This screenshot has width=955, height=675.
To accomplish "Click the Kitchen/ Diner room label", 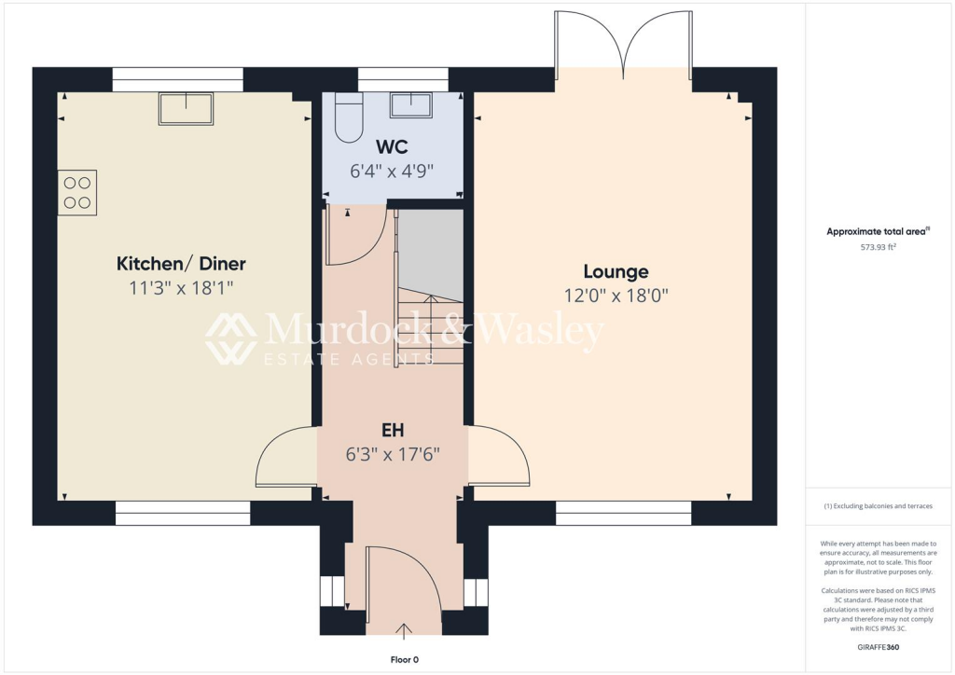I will (x=181, y=264).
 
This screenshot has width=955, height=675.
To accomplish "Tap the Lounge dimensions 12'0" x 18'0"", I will (x=616, y=296).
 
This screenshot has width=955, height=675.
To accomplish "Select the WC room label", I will (x=392, y=146).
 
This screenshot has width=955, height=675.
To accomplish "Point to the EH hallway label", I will (x=392, y=431).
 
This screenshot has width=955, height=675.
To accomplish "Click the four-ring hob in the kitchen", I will (x=77, y=192).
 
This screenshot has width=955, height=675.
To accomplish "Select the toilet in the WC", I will (x=348, y=117).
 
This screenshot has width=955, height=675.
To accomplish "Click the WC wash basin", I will (x=410, y=104).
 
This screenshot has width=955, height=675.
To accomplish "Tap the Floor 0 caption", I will (x=404, y=659).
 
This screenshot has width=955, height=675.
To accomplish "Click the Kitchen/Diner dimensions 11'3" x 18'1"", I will (x=181, y=288).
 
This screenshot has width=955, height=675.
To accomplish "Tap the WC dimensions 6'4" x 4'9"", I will (x=392, y=171).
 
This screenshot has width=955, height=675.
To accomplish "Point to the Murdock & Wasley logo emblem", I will (x=231, y=338).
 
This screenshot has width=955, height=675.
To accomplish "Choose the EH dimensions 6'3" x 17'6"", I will (x=392, y=455).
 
